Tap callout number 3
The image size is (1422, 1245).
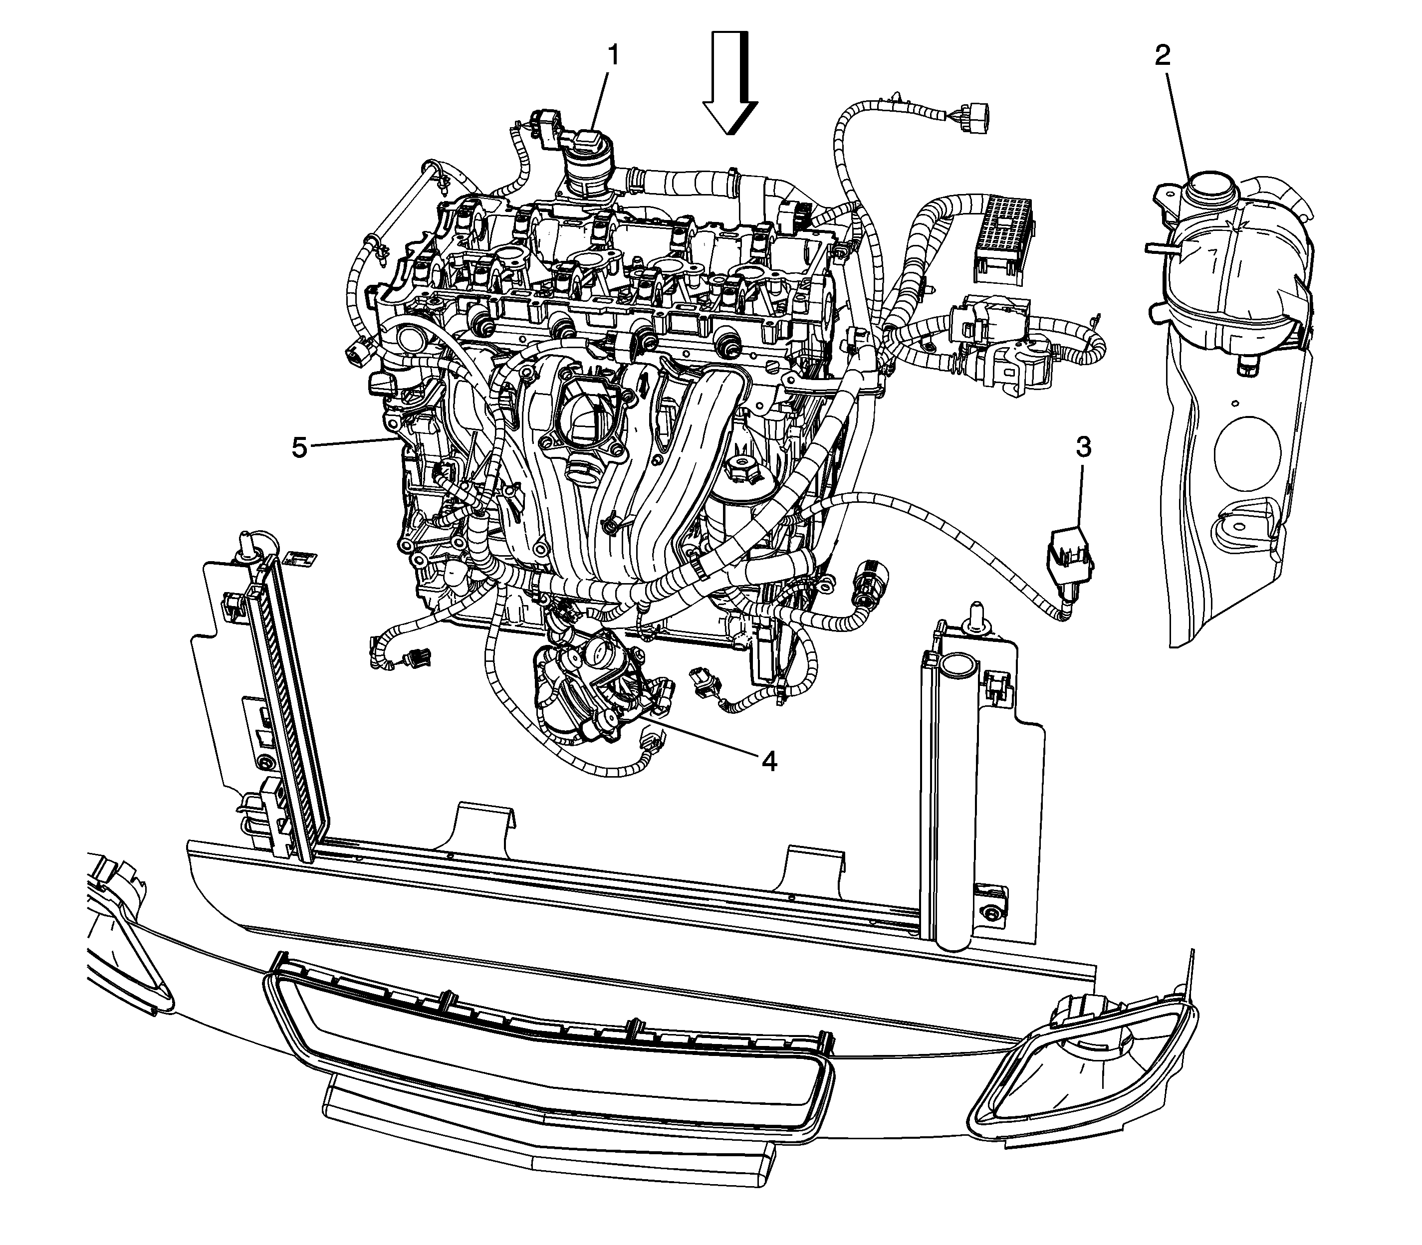(1084, 448)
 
